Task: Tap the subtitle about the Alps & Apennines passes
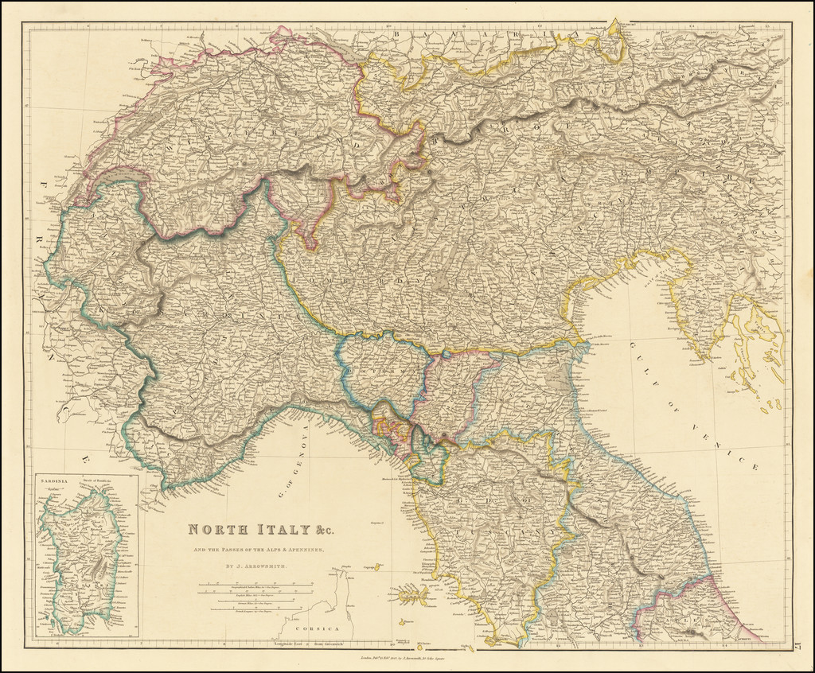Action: tap(255, 550)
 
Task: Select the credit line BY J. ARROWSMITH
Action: tap(255, 567)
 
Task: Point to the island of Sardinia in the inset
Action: tap(80, 557)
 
